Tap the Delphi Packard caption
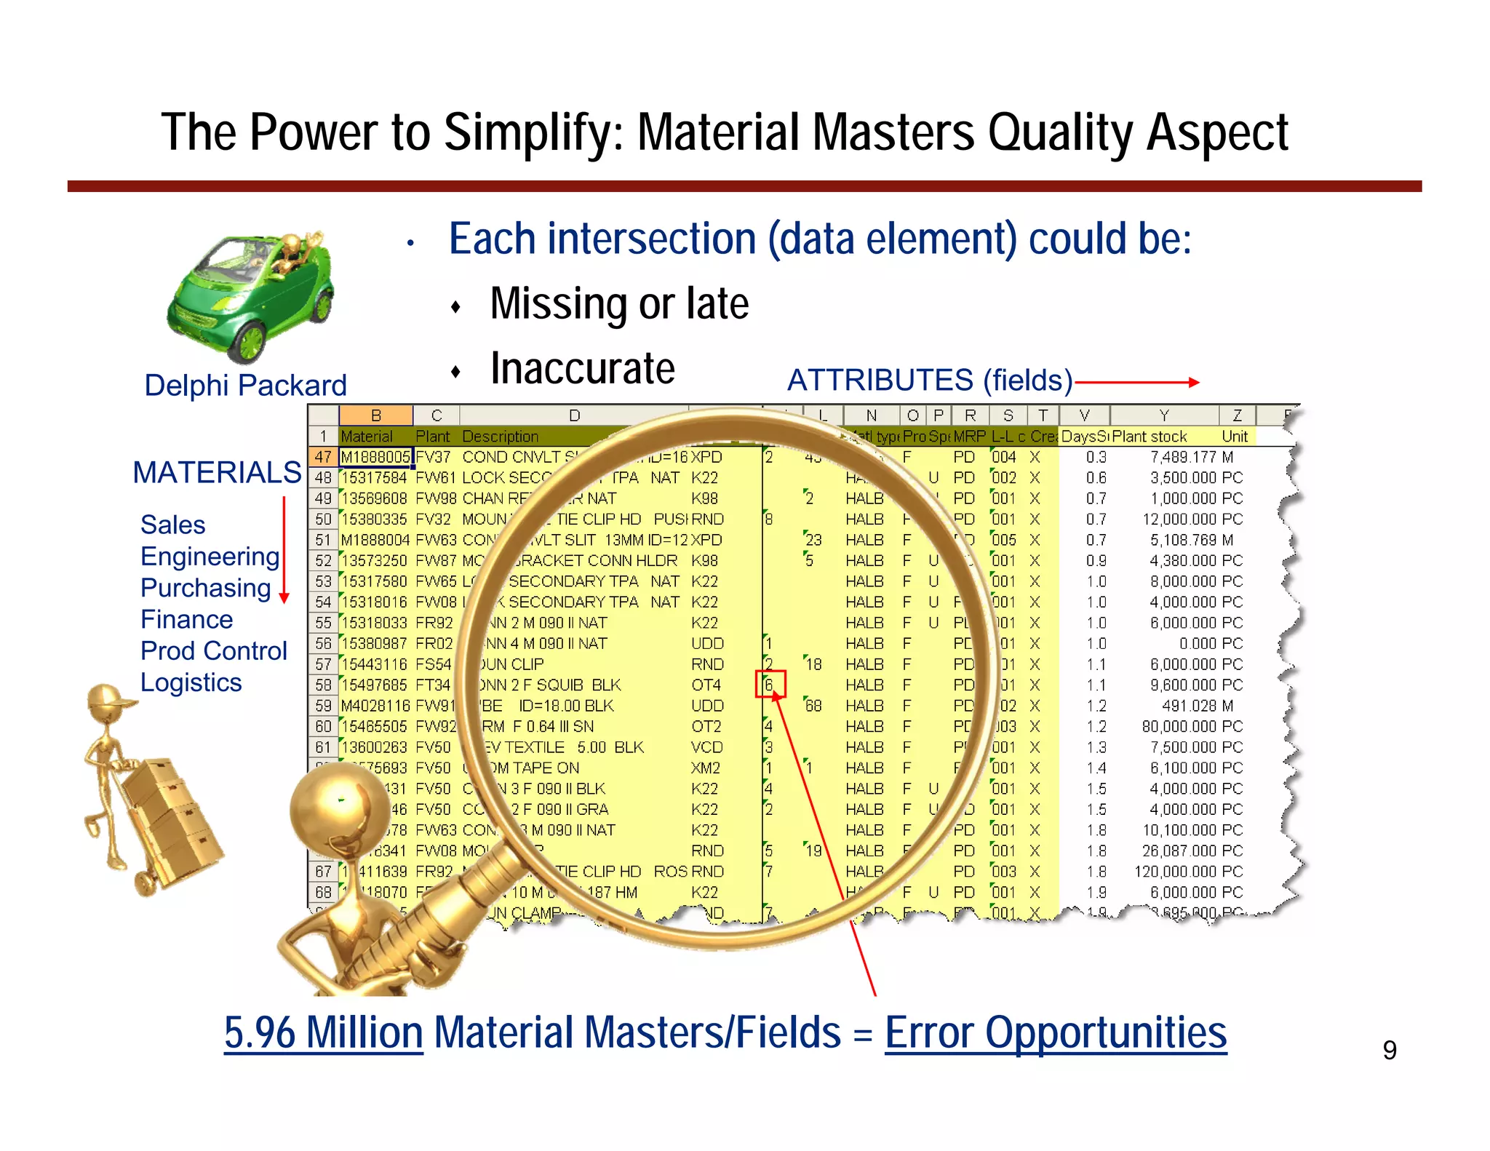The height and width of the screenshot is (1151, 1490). coord(245,385)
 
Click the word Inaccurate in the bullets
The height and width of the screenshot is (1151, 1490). coord(582,368)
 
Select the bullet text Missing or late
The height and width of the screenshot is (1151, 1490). coord(619,303)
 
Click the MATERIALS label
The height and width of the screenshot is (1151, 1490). coord(217,473)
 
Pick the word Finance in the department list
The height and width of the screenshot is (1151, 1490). coord(186,619)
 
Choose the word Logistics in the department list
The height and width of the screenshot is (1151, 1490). coord(191,682)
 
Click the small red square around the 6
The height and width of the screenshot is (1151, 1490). coord(770,684)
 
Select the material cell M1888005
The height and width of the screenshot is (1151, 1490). coord(375,457)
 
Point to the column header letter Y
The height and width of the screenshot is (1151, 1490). coord(1163,415)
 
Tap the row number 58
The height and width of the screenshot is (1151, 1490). coord(323,685)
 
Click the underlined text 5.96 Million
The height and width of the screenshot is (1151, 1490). coord(323,1032)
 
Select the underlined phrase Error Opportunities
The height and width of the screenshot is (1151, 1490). coord(1055,1032)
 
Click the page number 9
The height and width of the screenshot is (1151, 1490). coord(1389,1050)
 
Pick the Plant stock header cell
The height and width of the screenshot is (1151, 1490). coord(1150,437)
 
